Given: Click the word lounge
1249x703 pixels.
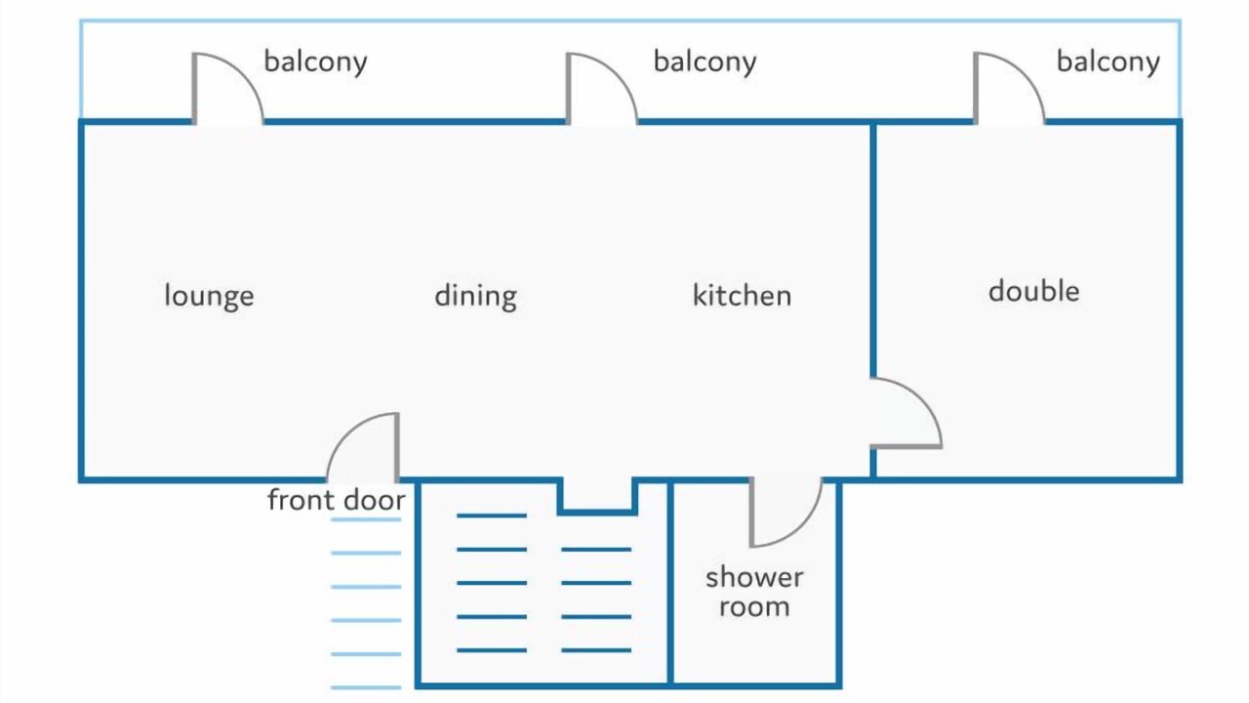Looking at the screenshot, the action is point(209,296).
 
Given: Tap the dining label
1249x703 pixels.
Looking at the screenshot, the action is point(475,296).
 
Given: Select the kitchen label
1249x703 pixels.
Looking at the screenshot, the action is point(742,295).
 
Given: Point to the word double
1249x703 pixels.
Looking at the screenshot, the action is point(1033,291).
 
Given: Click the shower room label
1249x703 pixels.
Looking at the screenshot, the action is point(754,592).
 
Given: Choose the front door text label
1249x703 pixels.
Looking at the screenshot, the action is point(337,499).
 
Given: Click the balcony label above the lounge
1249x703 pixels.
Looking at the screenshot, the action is point(315,62).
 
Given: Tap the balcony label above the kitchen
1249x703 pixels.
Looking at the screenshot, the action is point(705,62).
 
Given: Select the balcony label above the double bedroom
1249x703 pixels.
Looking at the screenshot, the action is point(1108,62).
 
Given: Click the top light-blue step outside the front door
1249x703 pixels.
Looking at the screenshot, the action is point(366,519).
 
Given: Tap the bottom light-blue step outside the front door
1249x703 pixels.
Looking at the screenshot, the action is point(366,687).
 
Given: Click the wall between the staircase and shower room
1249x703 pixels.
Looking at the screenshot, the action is point(670,583).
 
